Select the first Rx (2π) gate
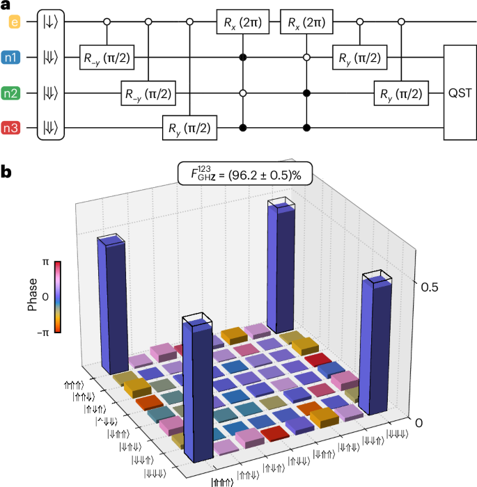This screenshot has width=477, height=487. [242, 23]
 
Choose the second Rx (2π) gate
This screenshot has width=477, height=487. [306, 23]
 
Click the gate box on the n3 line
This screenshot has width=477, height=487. [189, 127]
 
